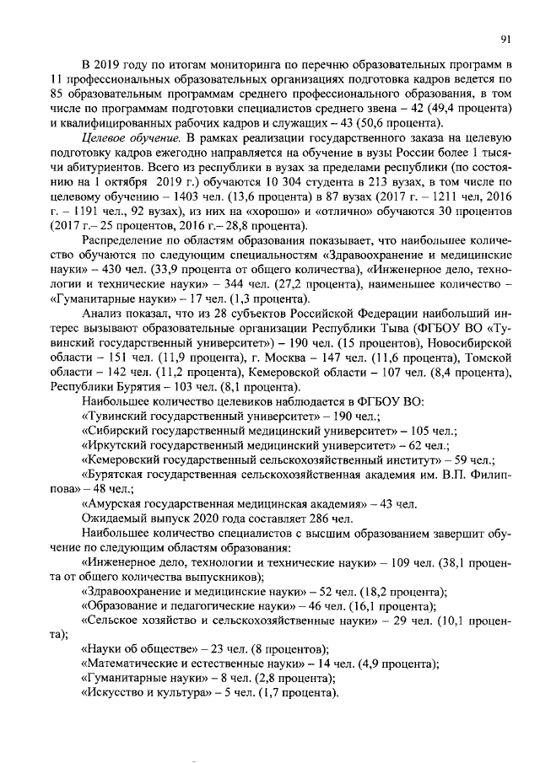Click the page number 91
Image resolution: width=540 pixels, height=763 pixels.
505,38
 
